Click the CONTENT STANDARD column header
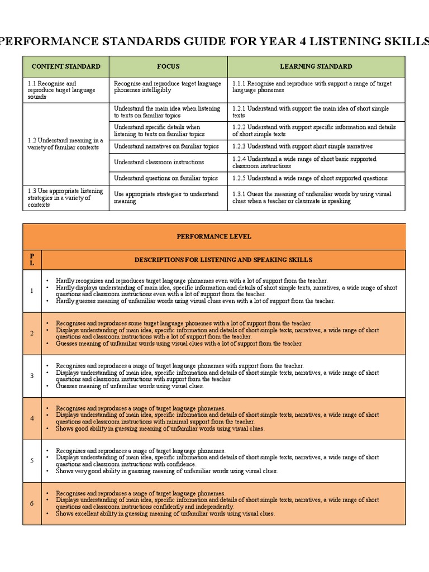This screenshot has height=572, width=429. click(66, 66)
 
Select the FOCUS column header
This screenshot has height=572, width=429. click(168, 66)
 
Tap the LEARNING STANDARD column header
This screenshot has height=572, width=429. click(316, 66)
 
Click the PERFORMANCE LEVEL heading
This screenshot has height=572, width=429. click(214, 236)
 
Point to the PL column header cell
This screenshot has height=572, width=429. click(32, 260)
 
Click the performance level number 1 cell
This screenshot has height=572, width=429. click(32, 290)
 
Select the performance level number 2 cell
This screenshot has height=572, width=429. click(32, 333)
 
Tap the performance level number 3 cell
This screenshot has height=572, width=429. click(32, 375)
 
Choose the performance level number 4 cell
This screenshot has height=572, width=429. click(32, 418)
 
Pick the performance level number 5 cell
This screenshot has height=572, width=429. click(32, 460)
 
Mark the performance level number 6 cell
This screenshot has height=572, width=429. click(32, 503)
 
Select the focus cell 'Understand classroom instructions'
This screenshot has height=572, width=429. click(159, 162)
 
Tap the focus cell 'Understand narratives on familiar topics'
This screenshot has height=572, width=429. click(166, 146)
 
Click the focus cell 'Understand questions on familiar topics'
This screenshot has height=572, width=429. click(165, 178)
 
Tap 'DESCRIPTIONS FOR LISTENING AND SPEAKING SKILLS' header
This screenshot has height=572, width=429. click(223, 260)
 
